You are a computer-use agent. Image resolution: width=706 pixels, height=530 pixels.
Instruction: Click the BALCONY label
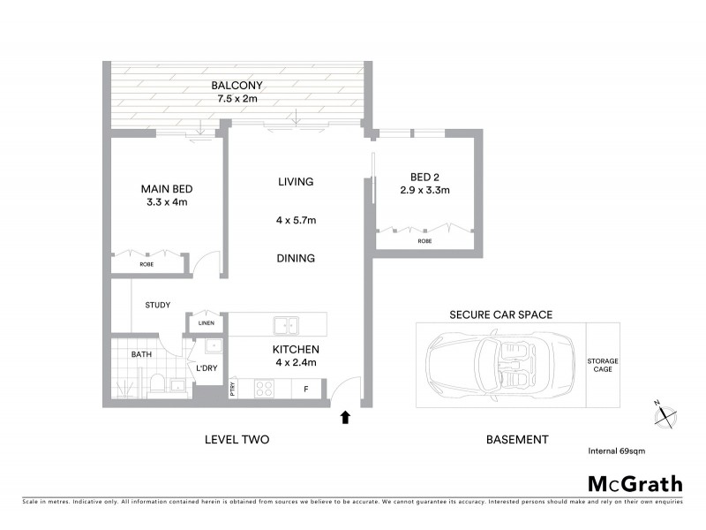pyautogui.click(x=237, y=86)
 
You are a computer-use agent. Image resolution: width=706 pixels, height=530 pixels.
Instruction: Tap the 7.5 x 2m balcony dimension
pyautogui.click(x=237, y=98)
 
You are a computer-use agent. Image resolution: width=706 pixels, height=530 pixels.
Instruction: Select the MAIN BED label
pyautogui.click(x=167, y=189)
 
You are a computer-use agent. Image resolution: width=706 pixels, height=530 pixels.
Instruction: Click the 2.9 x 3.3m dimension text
pyautogui.click(x=424, y=190)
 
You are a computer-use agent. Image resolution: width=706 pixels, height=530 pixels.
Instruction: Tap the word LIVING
pyautogui.click(x=296, y=182)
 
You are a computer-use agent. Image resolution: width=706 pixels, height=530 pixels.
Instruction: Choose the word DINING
pyautogui.click(x=296, y=259)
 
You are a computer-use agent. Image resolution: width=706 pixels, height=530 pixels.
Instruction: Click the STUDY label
pyautogui.click(x=158, y=306)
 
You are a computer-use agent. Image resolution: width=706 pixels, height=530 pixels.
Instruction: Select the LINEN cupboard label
pyautogui.click(x=206, y=323)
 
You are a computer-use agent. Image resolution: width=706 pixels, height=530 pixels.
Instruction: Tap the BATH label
pyautogui.click(x=142, y=354)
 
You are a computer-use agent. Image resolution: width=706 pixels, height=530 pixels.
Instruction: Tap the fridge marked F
pyautogui.click(x=306, y=388)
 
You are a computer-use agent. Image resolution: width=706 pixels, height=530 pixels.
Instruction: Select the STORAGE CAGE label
pyautogui.click(x=603, y=365)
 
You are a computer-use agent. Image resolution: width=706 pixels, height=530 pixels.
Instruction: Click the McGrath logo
pyautogui.click(x=635, y=483)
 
